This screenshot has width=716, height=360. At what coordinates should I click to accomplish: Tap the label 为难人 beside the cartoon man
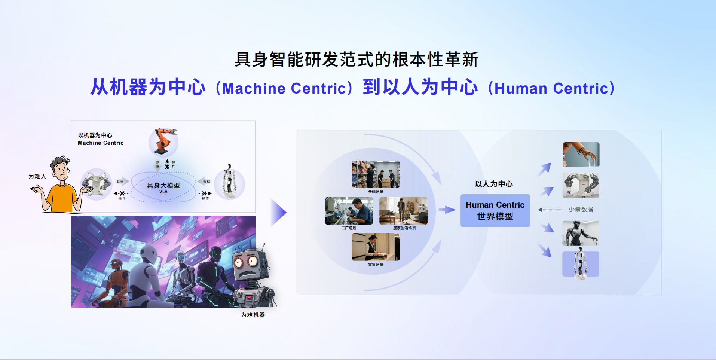point(37,176)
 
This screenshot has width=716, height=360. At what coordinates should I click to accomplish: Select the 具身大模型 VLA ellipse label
point(163,187)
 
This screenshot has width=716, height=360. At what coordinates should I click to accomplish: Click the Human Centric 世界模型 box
point(495,210)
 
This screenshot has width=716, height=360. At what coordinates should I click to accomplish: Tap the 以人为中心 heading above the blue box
point(494,184)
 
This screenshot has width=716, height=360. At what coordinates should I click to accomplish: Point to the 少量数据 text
point(581,210)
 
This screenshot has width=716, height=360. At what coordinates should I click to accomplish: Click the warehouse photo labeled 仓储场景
point(376,174)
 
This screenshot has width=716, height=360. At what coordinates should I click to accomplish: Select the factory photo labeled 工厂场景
point(349,211)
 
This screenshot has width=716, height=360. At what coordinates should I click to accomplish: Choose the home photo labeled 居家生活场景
point(403,211)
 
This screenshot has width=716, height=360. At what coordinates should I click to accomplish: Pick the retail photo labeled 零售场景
point(376,247)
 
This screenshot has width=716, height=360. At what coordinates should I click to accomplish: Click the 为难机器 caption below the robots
point(253,315)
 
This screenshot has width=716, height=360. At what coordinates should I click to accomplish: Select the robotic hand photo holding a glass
point(581,155)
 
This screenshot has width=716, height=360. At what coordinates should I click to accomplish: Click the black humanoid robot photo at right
point(581,233)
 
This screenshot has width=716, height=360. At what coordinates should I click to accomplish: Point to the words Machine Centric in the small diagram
point(100,143)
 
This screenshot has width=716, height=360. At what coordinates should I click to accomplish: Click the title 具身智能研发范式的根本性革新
point(356,60)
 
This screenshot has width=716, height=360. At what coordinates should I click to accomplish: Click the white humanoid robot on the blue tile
point(581,264)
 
